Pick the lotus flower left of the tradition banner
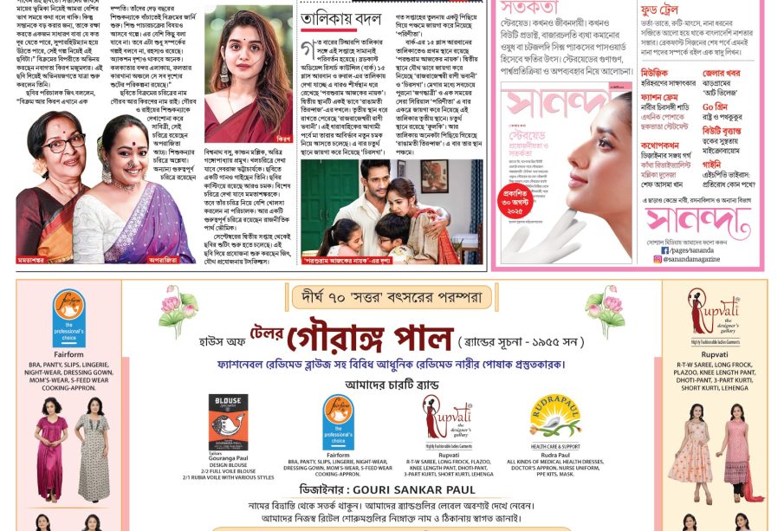(x=178, y=309)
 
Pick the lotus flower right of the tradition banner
(x=606, y=309)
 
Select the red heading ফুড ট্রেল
(x=648, y=9)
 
